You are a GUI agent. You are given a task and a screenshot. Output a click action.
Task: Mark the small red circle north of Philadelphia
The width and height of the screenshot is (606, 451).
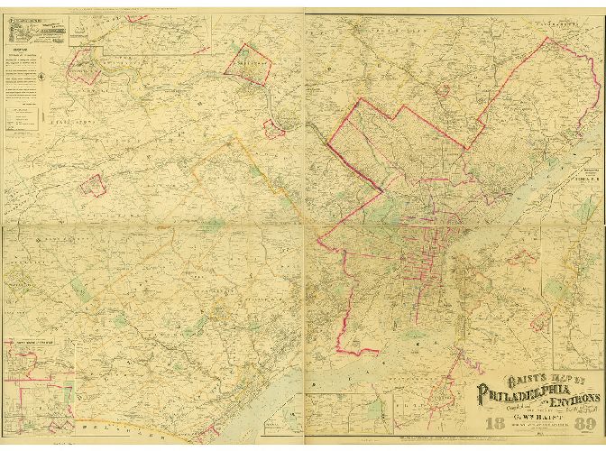(444, 90)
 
